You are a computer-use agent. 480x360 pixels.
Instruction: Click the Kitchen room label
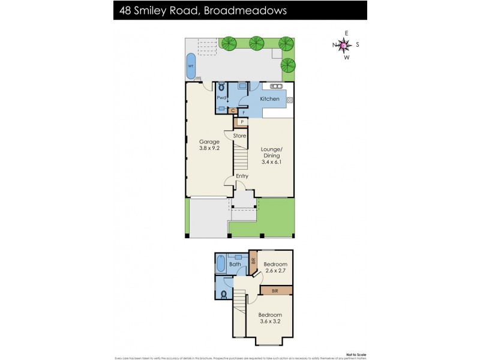(x=269, y=99)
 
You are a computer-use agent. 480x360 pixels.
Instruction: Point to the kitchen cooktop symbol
(x=290, y=100)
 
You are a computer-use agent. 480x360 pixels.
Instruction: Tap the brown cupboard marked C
(x=233, y=111)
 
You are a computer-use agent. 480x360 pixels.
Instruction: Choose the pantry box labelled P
(x=242, y=122)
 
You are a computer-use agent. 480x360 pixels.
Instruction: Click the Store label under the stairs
(x=239, y=136)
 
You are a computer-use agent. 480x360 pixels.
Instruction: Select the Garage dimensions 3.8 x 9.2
(x=209, y=148)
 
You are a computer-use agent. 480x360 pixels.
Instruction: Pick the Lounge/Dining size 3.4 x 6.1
(x=271, y=161)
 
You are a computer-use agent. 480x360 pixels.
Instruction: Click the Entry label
(x=242, y=176)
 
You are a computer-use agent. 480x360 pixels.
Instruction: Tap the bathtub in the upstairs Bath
(x=220, y=264)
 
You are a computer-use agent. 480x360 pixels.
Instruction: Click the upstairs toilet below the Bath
(x=223, y=293)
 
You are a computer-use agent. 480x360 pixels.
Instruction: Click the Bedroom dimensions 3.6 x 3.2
(x=270, y=321)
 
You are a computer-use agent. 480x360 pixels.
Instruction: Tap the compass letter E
(x=346, y=33)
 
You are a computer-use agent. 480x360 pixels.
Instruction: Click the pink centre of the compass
(x=343, y=44)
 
